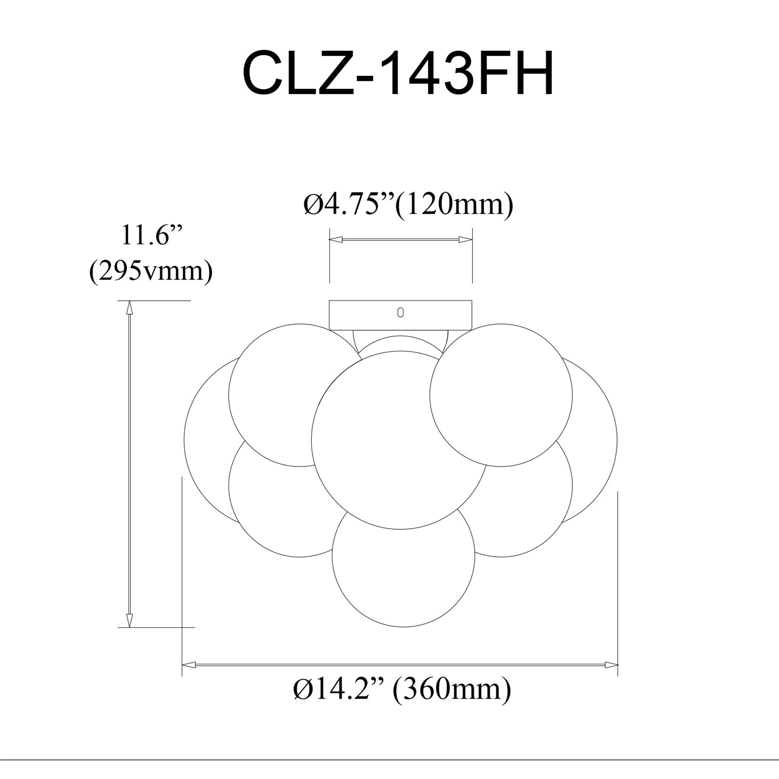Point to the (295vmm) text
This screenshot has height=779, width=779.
pos(151,271)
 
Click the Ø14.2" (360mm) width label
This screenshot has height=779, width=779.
pos(402,690)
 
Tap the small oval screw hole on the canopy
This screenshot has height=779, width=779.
pos(400,312)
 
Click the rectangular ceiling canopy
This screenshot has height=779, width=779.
pos(400,315)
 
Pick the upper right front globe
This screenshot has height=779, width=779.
pos(501,395)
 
